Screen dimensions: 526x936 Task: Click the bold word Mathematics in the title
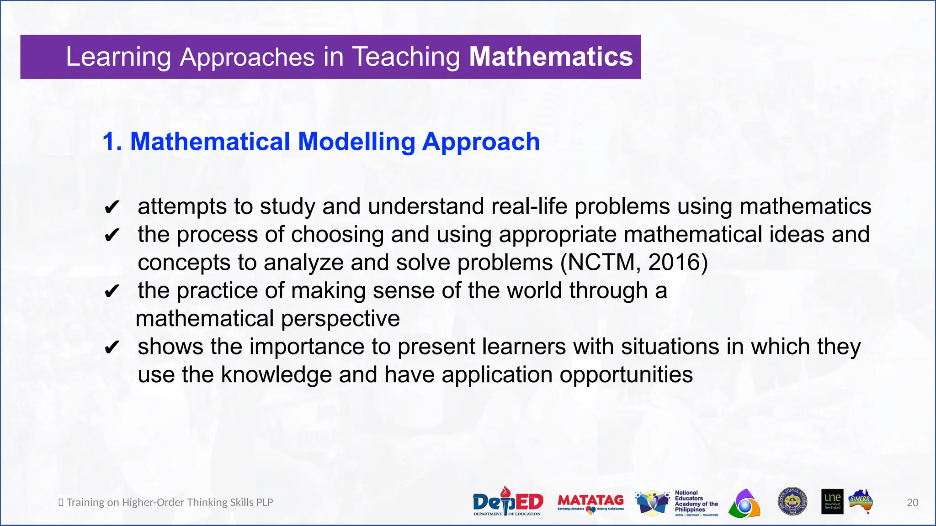tap(551, 57)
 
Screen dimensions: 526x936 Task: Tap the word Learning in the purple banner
tap(118, 57)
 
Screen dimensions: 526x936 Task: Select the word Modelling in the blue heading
tap(356, 142)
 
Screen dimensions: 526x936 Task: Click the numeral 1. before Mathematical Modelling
tap(112, 142)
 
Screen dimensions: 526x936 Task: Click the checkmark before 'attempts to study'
tap(112, 208)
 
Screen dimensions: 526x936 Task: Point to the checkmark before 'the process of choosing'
tap(112, 236)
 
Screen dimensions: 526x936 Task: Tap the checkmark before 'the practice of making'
tap(112, 292)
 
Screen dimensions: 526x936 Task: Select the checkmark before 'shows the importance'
tap(112, 348)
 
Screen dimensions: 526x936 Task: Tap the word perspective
tap(340, 319)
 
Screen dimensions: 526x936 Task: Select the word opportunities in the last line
tap(626, 375)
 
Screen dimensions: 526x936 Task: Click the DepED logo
tap(507, 502)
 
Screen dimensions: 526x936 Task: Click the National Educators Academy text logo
tap(696, 502)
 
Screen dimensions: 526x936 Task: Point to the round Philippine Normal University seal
tap(792, 502)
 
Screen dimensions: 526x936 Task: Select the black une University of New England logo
tap(832, 502)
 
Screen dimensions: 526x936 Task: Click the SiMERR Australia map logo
tap(862, 502)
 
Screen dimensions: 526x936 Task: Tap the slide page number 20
tap(912, 503)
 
